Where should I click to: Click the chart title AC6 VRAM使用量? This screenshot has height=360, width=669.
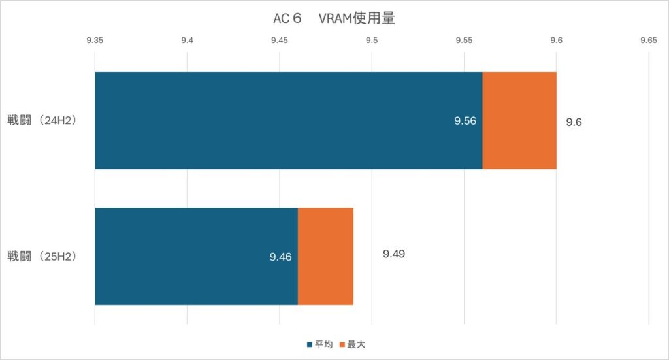point(334,18)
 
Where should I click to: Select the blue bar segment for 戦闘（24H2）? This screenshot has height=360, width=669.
point(288,120)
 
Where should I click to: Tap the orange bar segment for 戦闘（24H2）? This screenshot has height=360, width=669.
point(519,120)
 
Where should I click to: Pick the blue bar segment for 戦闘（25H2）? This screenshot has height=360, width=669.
point(196,256)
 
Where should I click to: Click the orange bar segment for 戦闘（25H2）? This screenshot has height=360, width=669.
point(325,256)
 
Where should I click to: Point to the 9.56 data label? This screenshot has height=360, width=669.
point(465,121)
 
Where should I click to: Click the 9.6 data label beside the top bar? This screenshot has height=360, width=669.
point(574,122)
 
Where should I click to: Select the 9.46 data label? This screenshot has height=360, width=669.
point(280,257)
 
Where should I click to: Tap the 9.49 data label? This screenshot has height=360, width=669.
point(394,254)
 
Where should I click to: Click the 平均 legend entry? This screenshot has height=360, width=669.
point(319,344)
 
